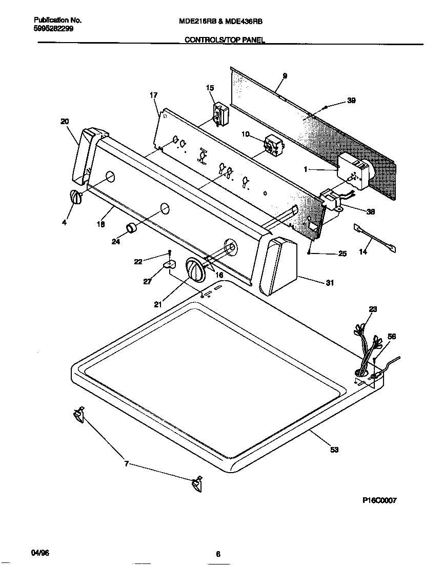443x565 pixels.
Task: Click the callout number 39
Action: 351,101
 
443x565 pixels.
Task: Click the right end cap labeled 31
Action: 279,267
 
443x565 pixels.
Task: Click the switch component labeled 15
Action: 220,112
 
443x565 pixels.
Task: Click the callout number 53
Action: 334,450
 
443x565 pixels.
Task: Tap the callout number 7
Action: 127,464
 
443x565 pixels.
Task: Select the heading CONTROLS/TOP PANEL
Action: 225,40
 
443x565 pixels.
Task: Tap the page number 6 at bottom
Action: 218,554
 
